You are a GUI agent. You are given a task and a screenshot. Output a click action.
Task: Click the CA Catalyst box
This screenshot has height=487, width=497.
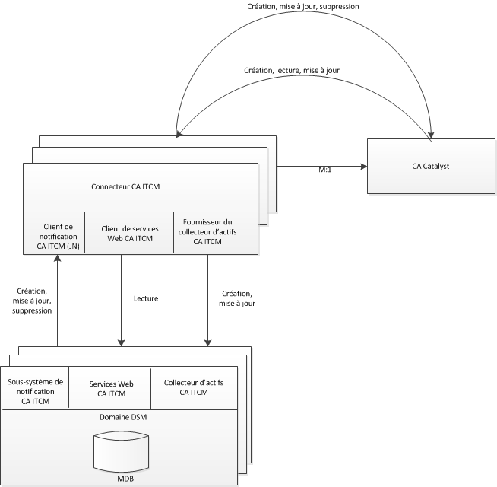coord(432,166)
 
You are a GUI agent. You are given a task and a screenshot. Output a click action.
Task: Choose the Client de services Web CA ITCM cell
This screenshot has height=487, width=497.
coord(128,234)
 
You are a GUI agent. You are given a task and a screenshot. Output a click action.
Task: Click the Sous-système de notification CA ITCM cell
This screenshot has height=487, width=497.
coord(36,390)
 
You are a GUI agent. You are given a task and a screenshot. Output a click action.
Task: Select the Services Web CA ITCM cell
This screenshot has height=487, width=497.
coord(112,390)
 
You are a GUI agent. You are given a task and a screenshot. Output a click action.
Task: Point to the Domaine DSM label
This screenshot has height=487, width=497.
coord(121,417)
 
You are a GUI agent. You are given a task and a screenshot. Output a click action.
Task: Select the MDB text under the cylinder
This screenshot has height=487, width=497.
coord(121,479)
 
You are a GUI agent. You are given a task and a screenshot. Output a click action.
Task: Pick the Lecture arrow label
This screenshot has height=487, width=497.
coord(144,298)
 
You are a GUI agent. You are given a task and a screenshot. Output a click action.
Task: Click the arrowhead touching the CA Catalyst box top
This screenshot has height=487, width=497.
coord(431,136)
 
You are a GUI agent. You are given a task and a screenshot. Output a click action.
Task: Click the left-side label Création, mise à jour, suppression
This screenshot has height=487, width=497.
coord(33,301)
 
